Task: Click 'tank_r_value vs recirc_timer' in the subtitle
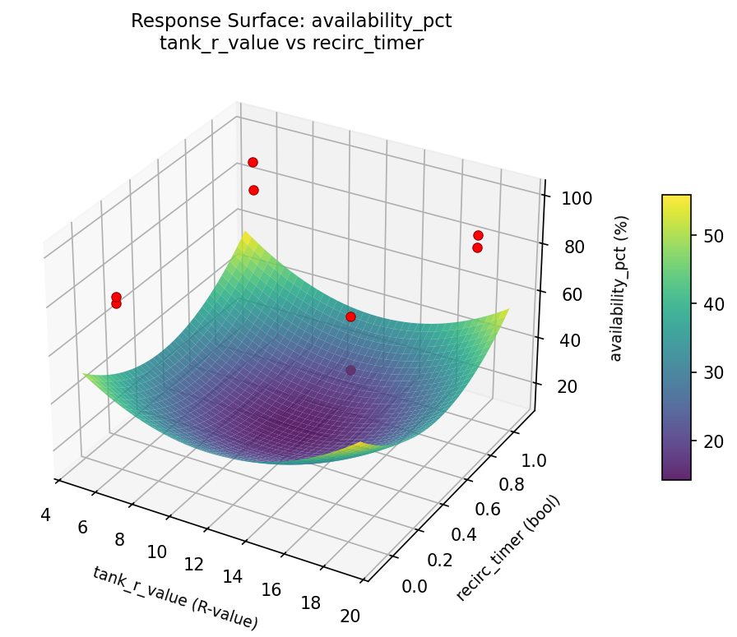[291, 44]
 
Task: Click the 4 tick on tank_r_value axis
[45, 515]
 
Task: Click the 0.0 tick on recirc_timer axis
[415, 585]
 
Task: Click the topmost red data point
[253, 162]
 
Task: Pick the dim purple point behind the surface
[351, 370]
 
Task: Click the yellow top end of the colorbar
[676, 198]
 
